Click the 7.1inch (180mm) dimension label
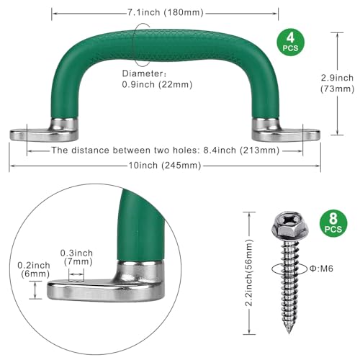pyautogui.click(x=166, y=12)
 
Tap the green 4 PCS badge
pyautogui.click(x=290, y=42)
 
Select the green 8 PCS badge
pyautogui.click(x=333, y=223)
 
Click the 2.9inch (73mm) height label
pyautogui.click(x=337, y=84)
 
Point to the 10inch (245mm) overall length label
pyautogui.click(x=165, y=166)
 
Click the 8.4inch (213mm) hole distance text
pyautogui.click(x=241, y=150)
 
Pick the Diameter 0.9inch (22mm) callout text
pyautogui.click(x=157, y=79)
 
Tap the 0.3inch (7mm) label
pyautogui.click(x=77, y=257)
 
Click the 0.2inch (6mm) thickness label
pyautogui.click(x=34, y=269)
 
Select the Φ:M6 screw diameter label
pyautogui.click(x=321, y=269)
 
